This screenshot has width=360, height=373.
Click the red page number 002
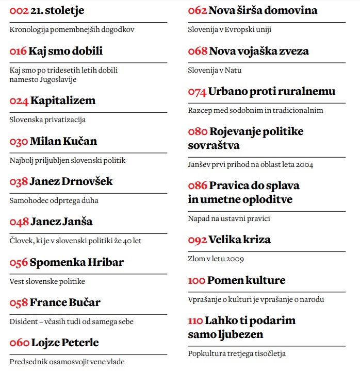click(19, 10)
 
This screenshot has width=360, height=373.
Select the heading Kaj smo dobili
click(66, 51)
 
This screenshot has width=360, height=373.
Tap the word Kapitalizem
click(63, 100)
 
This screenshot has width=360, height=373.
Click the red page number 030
click(19, 141)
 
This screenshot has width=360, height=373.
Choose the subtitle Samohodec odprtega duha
click(54, 200)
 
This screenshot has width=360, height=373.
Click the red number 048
click(19, 222)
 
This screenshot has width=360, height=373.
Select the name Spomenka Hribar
click(77, 262)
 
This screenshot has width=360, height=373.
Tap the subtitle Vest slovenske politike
click(47, 281)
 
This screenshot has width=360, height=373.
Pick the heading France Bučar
click(65, 302)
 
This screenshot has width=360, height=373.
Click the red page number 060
click(19, 343)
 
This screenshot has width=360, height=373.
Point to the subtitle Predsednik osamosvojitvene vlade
click(67, 362)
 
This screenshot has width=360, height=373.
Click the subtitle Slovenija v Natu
click(215, 70)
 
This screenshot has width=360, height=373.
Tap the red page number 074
click(197, 92)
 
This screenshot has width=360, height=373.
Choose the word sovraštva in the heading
click(214, 145)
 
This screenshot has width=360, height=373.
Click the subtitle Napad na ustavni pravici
click(229, 218)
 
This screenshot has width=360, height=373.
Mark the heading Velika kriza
click(239, 240)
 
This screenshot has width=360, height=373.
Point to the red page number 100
click(197, 281)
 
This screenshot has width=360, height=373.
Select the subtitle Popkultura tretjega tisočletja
click(237, 353)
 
